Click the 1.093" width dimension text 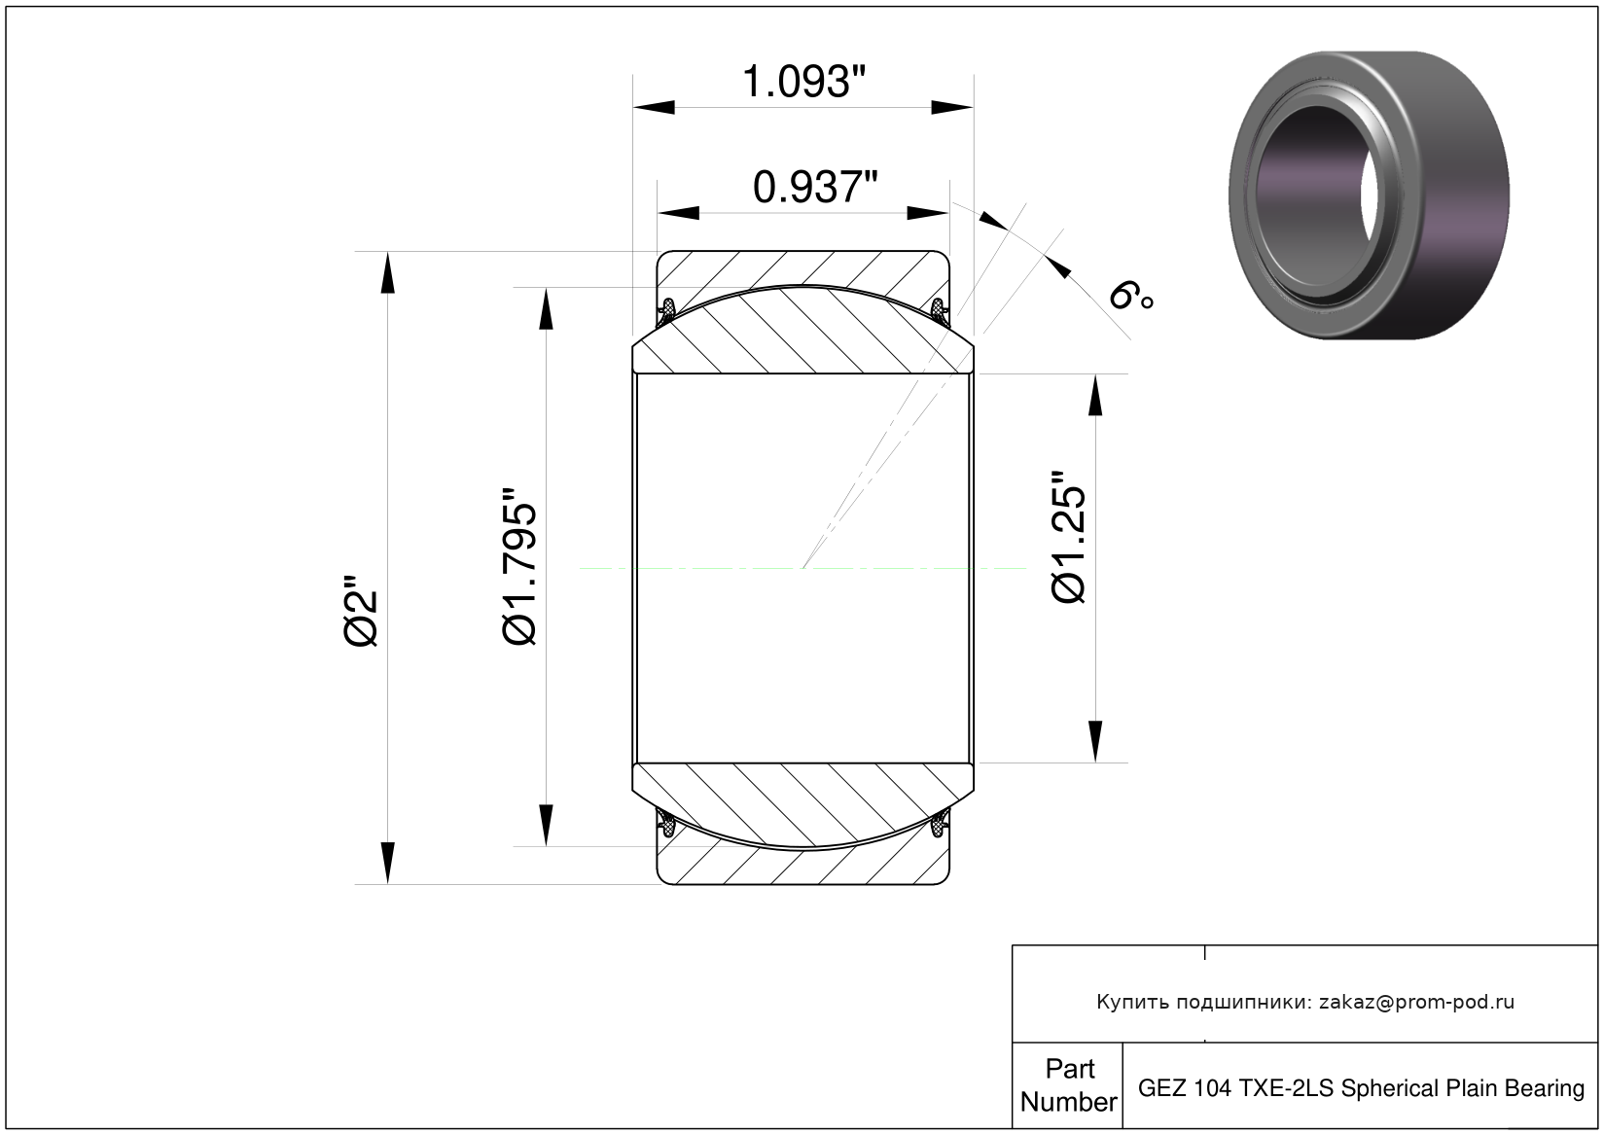click(803, 82)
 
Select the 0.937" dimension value click(815, 188)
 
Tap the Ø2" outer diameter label click(361, 610)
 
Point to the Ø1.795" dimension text click(519, 567)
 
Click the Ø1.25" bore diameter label click(1068, 537)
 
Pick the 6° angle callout click(1130, 296)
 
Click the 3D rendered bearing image click(1369, 195)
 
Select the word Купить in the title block click(1133, 1003)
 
